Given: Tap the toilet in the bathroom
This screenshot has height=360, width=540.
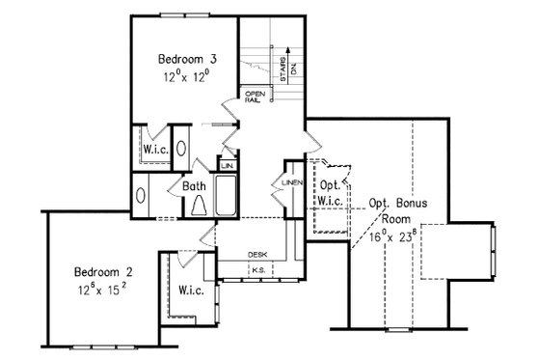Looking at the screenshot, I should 199,203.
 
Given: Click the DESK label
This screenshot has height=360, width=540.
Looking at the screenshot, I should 257,255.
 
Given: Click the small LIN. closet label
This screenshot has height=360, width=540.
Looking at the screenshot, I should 228,165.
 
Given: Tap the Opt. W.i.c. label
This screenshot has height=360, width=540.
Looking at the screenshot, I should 331,192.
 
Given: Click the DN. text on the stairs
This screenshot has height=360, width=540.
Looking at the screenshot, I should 295,69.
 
